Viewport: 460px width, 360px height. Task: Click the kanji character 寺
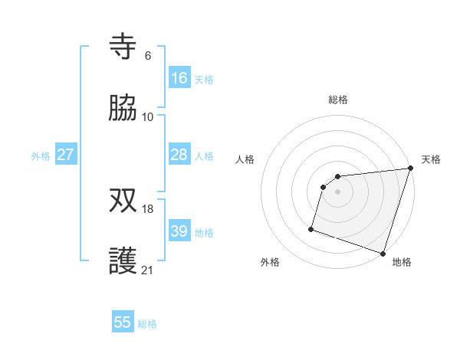point(123,47)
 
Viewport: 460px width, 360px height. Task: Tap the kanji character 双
point(123,200)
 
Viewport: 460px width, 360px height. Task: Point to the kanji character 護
point(123,261)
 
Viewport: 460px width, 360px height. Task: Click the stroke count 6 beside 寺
point(148,55)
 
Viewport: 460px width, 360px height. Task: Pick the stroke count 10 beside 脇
point(148,116)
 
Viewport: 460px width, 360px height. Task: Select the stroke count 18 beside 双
point(148,208)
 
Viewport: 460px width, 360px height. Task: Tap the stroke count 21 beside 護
point(148,270)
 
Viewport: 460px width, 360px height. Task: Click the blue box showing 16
point(179,78)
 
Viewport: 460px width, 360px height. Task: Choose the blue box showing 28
point(179,155)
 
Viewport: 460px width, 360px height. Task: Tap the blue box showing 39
point(179,231)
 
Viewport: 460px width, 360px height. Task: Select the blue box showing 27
point(65,155)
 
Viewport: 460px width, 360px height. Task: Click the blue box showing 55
point(123,322)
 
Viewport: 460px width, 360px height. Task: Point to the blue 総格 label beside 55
point(147,324)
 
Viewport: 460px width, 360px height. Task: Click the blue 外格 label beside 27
point(41,156)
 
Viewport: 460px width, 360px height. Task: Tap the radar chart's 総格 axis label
point(338,100)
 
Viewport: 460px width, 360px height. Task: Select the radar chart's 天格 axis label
point(431,159)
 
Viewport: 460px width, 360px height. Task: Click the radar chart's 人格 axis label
point(245,159)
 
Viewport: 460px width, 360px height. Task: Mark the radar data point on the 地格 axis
point(383,253)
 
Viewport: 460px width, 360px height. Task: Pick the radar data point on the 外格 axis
point(311,228)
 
